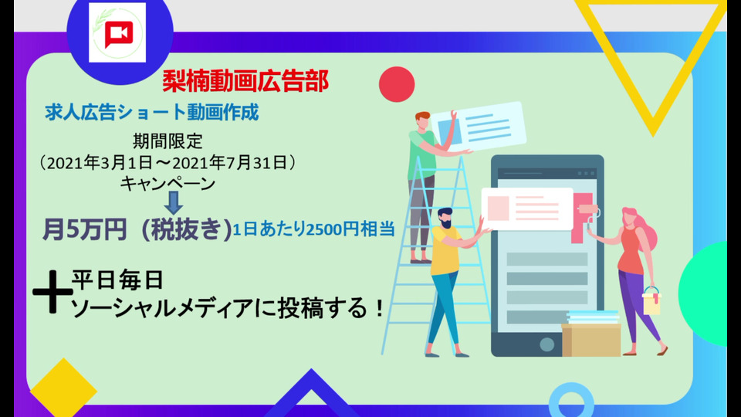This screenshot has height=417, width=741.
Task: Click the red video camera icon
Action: tap(119, 35)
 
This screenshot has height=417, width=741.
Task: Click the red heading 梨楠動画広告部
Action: tap(245, 81)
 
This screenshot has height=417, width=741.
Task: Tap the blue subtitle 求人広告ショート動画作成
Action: tap(152, 113)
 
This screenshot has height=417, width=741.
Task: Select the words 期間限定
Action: tap(167, 141)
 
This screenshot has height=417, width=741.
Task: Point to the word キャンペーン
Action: tap(167, 184)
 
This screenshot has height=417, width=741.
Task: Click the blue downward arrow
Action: tap(174, 202)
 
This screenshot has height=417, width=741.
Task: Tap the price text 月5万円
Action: tap(85, 229)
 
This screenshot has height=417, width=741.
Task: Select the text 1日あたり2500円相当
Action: tap(314, 229)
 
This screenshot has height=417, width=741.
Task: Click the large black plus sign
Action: tap(52, 292)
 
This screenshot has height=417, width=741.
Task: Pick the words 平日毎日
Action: tap(117, 280)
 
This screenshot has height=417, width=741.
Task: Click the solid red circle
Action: tap(397, 84)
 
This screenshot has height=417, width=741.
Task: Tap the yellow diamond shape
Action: tap(64, 388)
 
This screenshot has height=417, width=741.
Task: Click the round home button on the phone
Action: tap(546, 344)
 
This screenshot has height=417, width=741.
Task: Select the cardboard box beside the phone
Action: tap(591, 340)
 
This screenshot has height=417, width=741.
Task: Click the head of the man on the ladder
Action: tap(422, 120)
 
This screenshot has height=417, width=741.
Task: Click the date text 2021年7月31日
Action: tap(229, 163)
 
